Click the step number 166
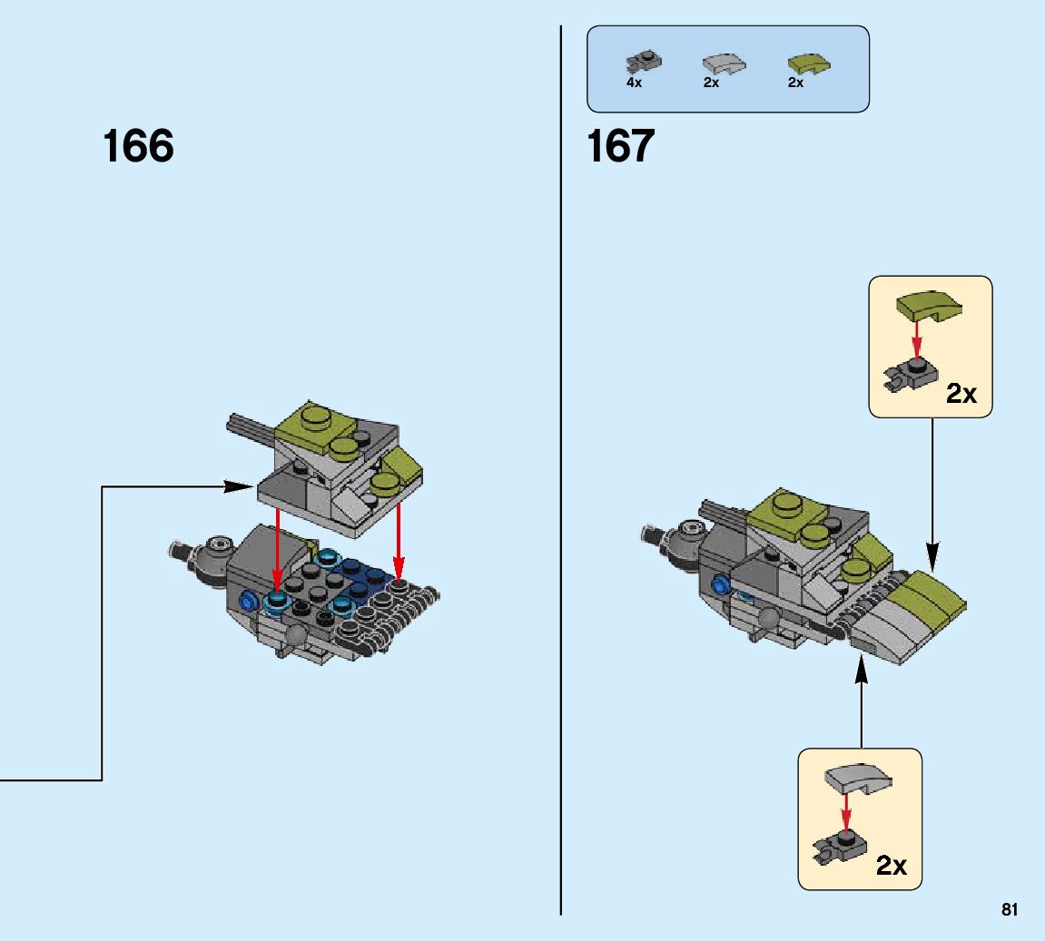pos(138,146)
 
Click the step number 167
pos(621,146)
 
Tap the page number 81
pos(1010,909)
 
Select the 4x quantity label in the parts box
pos(634,83)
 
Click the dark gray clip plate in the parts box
pos(643,63)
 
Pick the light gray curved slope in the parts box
pos(724,64)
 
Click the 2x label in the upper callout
pos(961,393)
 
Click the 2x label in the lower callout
pos(891,866)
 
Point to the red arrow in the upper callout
pos(917,343)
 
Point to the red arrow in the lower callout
pos(846,814)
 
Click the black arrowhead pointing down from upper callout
pos(932,553)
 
